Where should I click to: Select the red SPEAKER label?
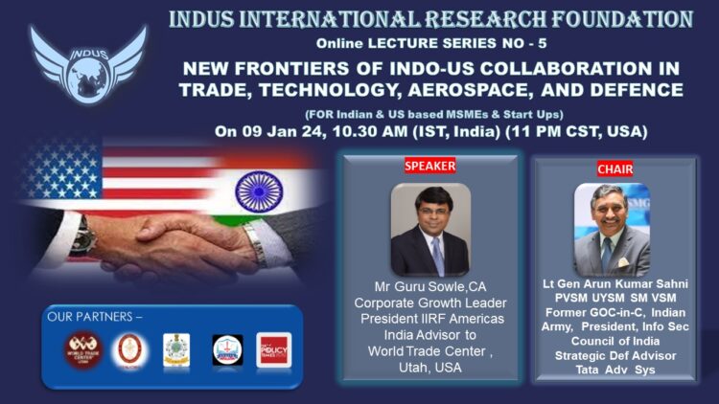coord(429,166)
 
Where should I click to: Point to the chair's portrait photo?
coord(613,230)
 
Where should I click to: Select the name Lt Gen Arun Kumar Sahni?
coord(612,284)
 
